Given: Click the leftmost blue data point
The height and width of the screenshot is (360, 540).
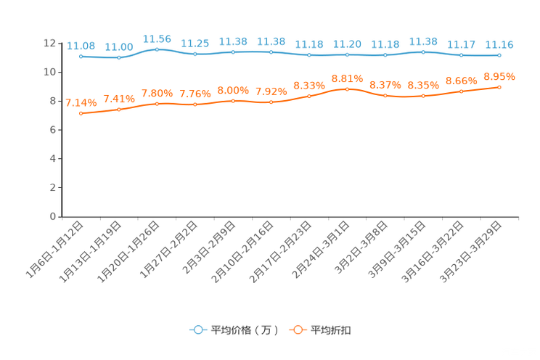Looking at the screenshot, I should click(x=81, y=56).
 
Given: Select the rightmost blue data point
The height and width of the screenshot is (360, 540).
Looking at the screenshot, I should click(x=499, y=55).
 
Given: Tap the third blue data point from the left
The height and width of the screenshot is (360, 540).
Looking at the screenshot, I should click(x=157, y=49).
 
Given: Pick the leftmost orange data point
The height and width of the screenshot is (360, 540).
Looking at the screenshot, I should click(x=81, y=114).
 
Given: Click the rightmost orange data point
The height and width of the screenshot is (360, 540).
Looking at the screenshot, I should click(x=499, y=86).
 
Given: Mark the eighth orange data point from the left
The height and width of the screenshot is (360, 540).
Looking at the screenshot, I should click(x=347, y=89).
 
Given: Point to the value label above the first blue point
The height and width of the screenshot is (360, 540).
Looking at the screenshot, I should click(x=80, y=46).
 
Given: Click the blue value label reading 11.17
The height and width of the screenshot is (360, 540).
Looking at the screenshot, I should click(x=460, y=45).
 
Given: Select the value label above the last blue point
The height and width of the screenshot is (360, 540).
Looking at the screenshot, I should click(x=499, y=45).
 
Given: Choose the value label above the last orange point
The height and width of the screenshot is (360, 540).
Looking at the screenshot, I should click(x=499, y=75).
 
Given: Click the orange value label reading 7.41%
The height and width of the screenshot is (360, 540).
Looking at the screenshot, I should click(x=118, y=99).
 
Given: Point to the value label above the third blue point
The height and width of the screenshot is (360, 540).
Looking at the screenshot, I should click(x=157, y=38).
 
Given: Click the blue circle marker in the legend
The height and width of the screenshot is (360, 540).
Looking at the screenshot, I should click(x=197, y=330).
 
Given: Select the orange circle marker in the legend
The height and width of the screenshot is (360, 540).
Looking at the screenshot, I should click(x=297, y=330).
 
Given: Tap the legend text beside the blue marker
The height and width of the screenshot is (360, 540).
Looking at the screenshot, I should click(x=244, y=330).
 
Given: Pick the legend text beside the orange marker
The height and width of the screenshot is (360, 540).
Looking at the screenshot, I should click(x=331, y=330).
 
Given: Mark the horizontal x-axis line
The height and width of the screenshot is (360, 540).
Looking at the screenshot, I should click(x=290, y=216).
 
